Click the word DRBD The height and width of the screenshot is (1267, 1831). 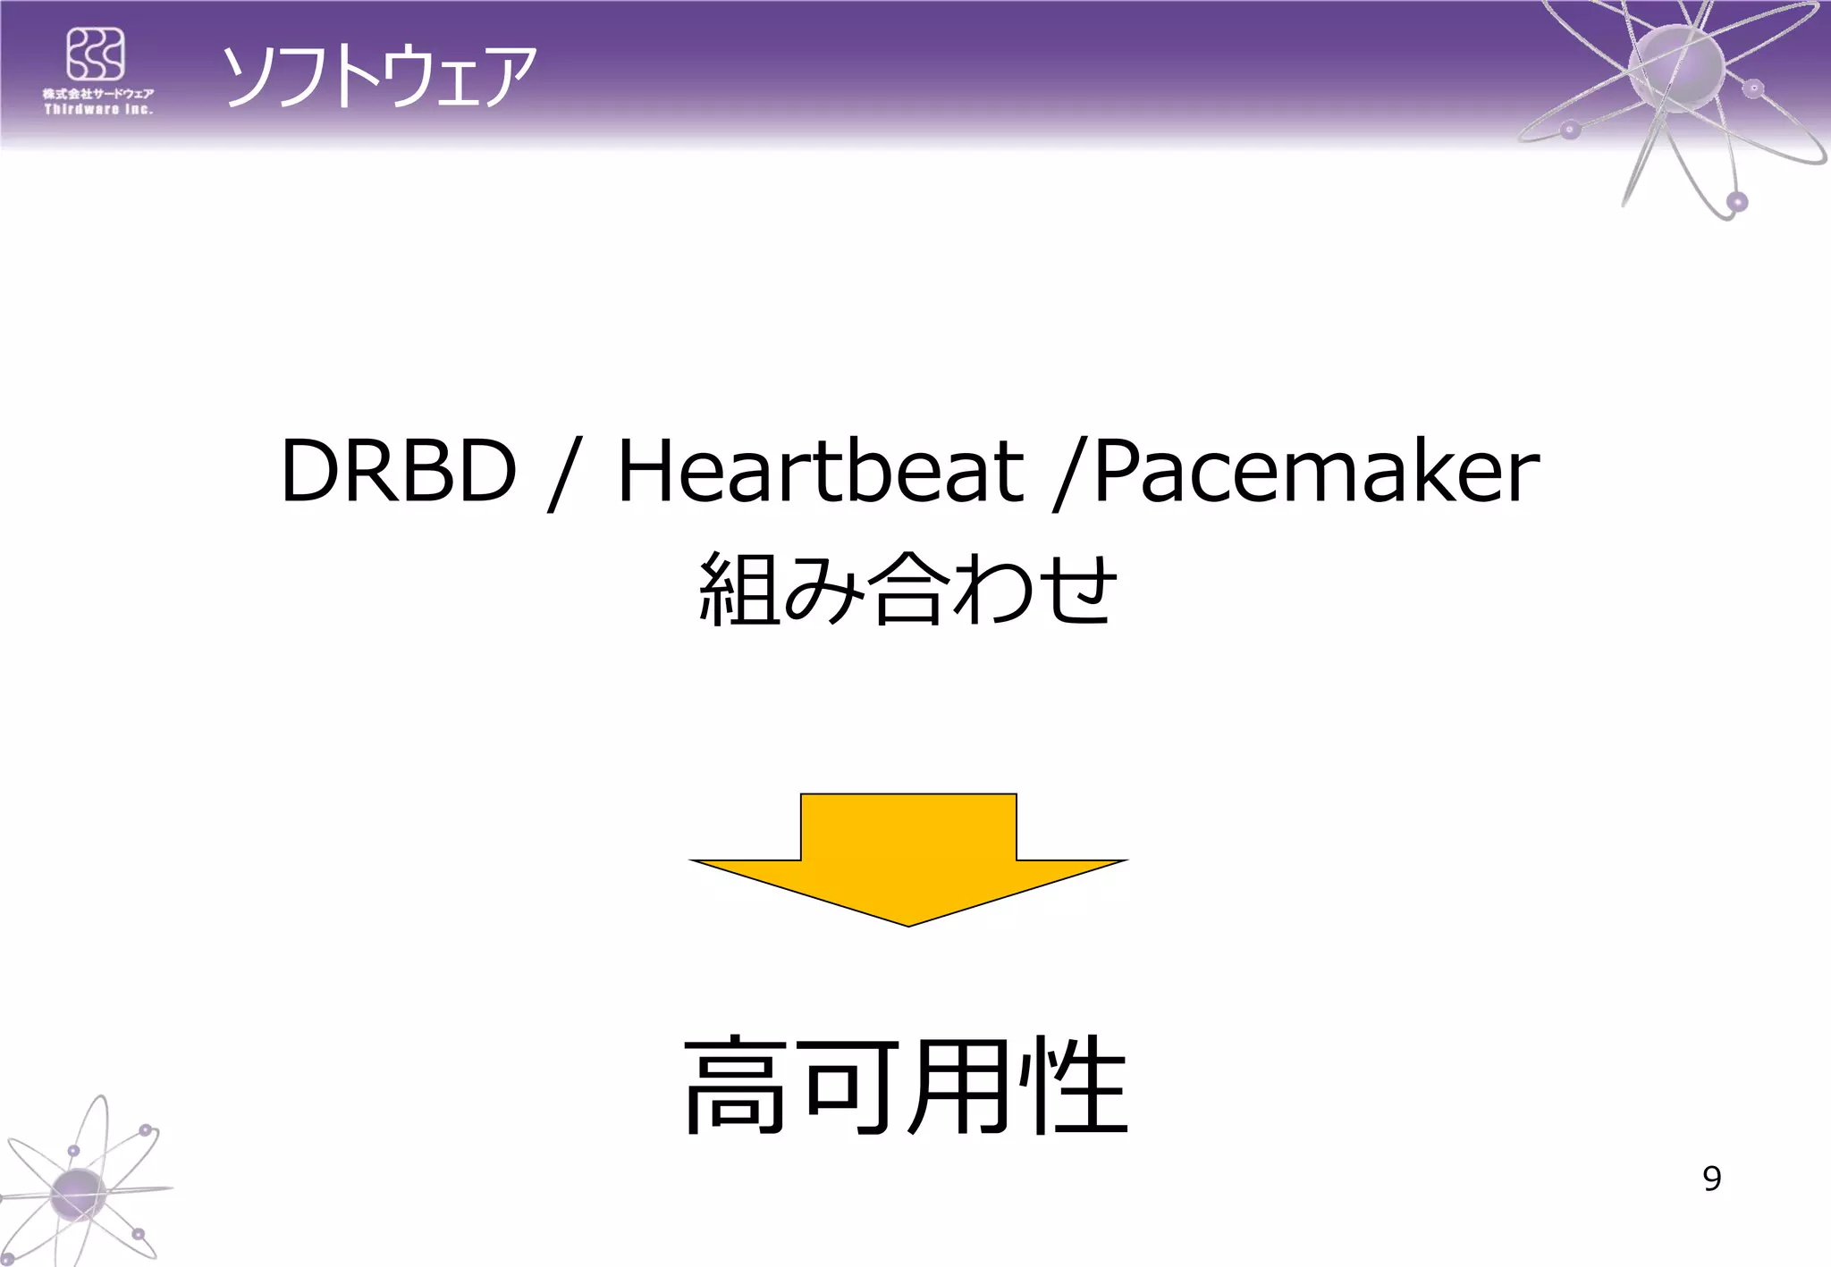399,471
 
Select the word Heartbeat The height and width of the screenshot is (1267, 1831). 820,471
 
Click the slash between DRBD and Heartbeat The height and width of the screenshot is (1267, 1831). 563,474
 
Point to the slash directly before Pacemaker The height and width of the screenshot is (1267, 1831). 1069,474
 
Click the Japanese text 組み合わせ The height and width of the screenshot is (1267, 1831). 907,589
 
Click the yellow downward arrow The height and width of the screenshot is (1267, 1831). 908,858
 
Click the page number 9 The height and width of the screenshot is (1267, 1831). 1711,1179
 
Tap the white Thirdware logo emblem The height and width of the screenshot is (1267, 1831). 96,54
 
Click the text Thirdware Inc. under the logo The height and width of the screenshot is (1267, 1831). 98,109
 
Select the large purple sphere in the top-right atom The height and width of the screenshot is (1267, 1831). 1675,68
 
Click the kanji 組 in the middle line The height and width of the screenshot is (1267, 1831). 738,589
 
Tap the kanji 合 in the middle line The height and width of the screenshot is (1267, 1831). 907,589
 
